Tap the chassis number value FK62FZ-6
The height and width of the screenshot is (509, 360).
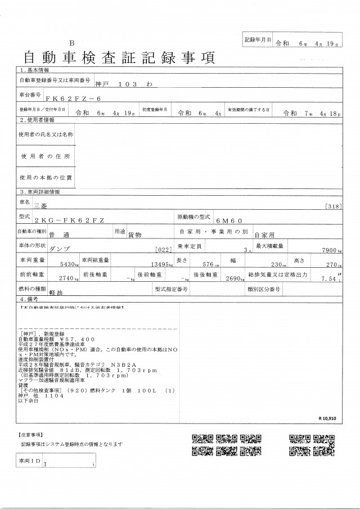[73, 97]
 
